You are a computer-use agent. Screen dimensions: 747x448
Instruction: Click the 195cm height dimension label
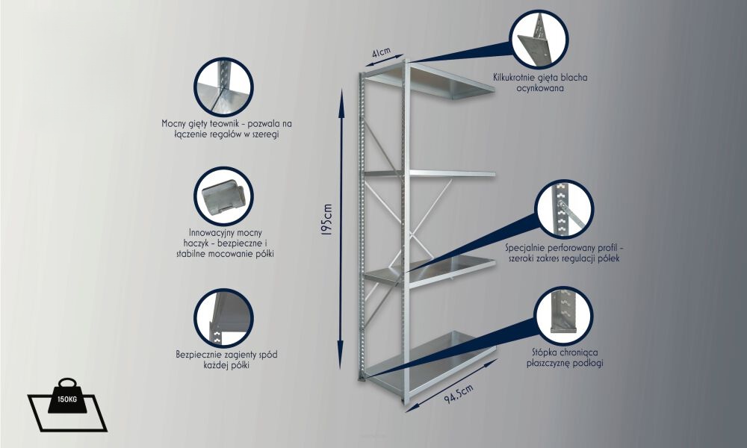[x=327, y=220]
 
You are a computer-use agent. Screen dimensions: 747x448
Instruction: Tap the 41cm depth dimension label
[x=381, y=52]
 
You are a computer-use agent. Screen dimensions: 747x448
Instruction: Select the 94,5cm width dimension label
[x=459, y=393]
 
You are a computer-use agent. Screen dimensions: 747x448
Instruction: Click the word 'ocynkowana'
[x=540, y=88]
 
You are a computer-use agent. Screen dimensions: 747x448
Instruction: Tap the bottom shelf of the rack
[x=429, y=362]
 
